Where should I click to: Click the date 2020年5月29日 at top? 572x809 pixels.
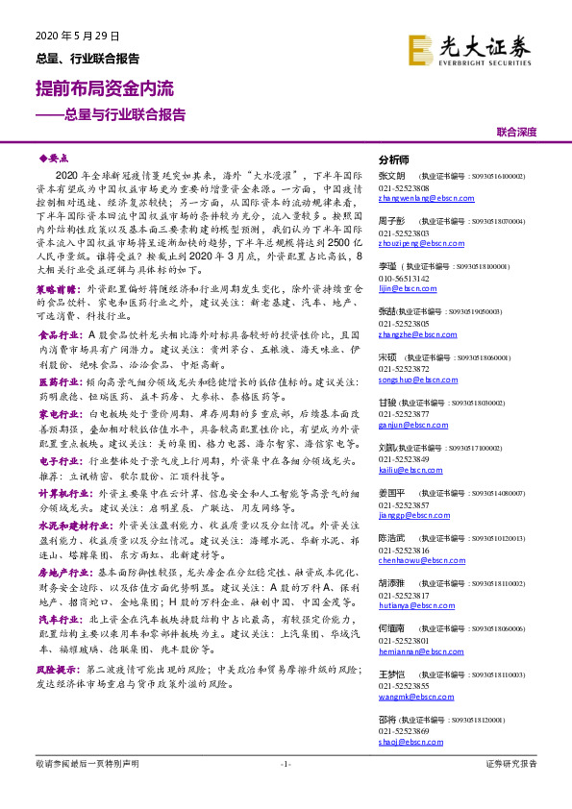point(69,37)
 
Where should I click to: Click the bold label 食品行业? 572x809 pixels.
point(61,334)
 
